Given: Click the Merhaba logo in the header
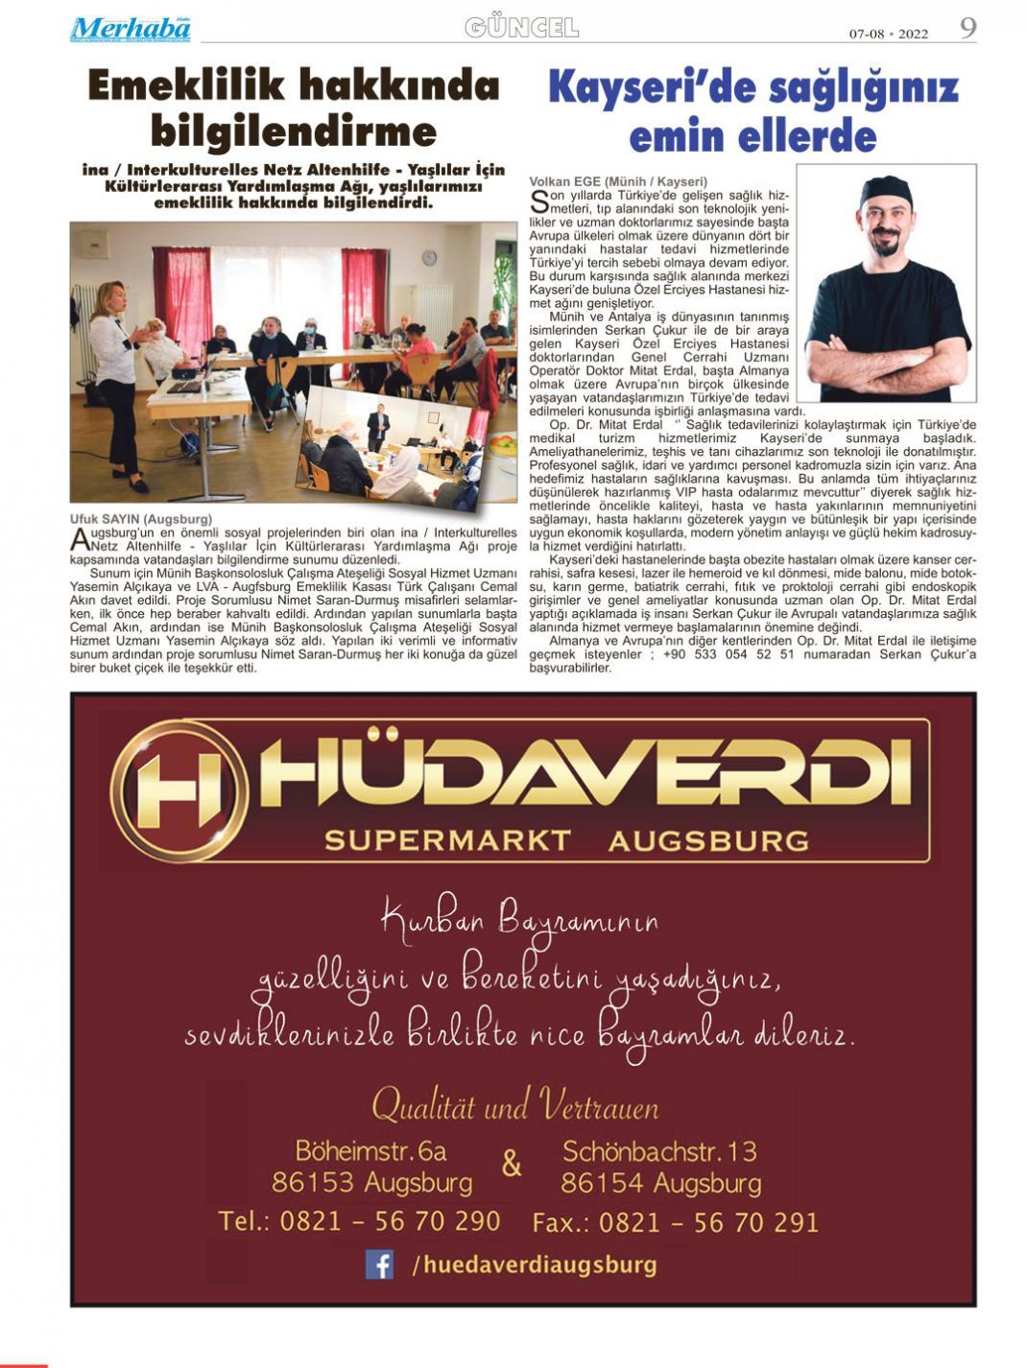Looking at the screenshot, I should coord(130,29).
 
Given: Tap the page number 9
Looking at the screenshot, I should coord(967,28).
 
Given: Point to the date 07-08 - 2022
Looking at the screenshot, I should coord(888,34).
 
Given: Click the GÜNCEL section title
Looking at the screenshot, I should coord(521,28).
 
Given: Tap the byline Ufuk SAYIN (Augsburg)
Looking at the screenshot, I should coord(141,519).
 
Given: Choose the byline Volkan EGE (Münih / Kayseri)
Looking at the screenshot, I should coord(618,181).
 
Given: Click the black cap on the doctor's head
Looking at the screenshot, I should coord(884,189).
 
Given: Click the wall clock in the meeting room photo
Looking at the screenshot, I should coord(429,257).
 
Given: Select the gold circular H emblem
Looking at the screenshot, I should coord(179,790).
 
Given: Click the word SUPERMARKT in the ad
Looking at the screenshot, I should coord(448,841).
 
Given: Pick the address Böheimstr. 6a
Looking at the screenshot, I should coord(370,1150).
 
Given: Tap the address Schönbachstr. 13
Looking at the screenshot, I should coord(659,1150).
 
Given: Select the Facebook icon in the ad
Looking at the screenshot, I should coord(379,1264).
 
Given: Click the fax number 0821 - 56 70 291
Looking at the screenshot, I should coord(708,1222).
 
